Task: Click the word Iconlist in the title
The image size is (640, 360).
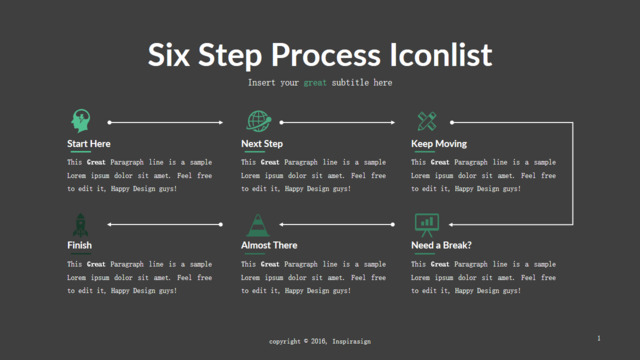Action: (x=441, y=55)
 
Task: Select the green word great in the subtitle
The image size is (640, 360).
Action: (x=315, y=83)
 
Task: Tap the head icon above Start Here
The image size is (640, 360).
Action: (x=80, y=121)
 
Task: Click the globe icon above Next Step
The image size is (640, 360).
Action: (x=259, y=121)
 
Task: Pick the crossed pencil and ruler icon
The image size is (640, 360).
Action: (x=427, y=121)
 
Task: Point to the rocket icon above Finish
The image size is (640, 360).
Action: (x=80, y=225)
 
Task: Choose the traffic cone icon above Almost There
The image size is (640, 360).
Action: (x=258, y=225)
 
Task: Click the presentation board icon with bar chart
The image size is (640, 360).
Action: (x=427, y=225)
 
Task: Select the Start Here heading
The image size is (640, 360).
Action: (x=89, y=144)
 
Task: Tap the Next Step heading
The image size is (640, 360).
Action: (x=262, y=144)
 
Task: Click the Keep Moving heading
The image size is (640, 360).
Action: (x=439, y=144)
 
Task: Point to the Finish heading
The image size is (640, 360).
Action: (x=79, y=245)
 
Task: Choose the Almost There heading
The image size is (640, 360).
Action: (x=269, y=245)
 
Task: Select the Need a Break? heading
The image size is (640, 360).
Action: (x=441, y=245)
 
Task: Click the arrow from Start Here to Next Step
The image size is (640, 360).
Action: (x=165, y=122)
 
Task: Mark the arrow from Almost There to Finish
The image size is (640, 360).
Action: (x=337, y=224)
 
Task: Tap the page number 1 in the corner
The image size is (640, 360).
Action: (x=599, y=338)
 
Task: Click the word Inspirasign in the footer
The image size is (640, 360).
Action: (x=351, y=341)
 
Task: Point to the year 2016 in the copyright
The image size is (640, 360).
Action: (x=318, y=341)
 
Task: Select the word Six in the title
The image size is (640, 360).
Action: (x=169, y=55)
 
